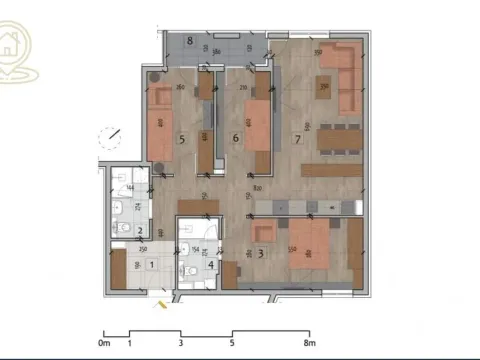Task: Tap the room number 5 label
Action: (181, 139)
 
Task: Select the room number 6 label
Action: (235, 138)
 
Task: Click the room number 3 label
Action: (261, 254)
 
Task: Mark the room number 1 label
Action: (150, 264)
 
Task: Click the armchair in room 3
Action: (263, 231)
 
